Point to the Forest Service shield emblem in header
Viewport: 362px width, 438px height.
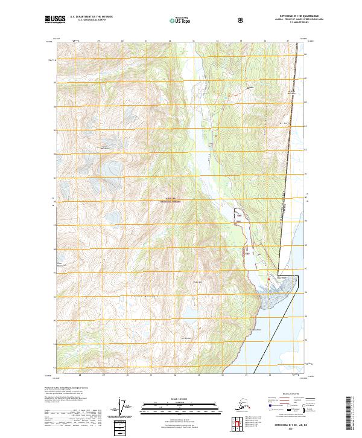point(241,21)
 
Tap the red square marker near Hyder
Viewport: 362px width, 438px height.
point(268,279)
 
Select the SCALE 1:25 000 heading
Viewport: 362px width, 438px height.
point(180,398)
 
